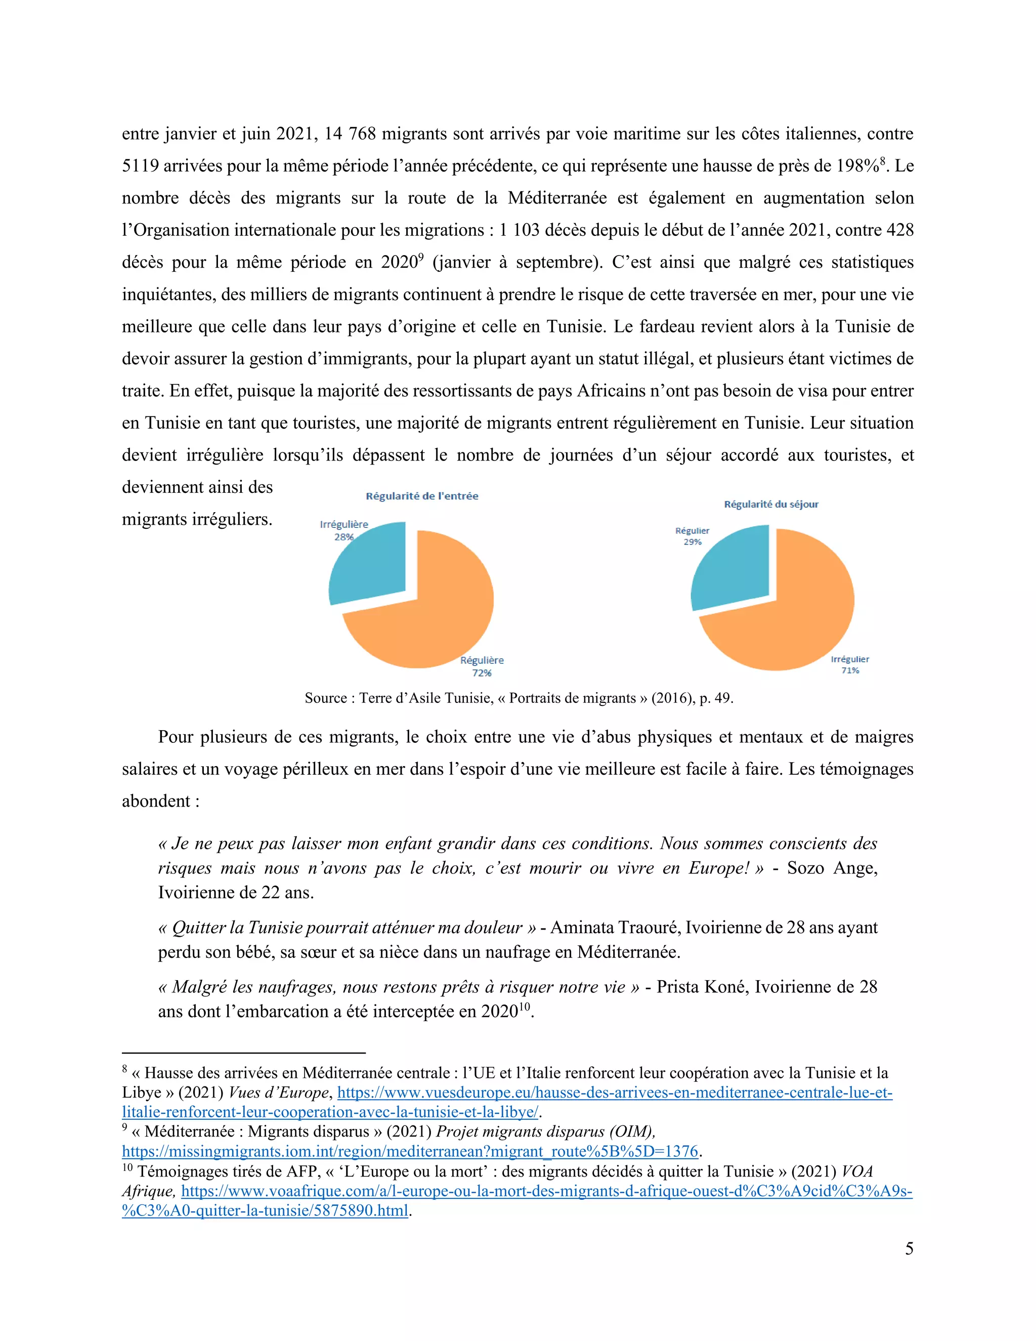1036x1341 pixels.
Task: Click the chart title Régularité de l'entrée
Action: pos(422,496)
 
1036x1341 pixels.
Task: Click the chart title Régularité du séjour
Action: pos(771,504)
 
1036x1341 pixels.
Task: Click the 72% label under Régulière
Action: pos(482,673)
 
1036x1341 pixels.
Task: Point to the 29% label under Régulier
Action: pos(693,542)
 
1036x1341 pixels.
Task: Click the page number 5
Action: pos(909,1248)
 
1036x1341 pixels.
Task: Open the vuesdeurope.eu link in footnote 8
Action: pos(614,1093)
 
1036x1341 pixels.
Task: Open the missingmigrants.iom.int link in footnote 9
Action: pos(410,1151)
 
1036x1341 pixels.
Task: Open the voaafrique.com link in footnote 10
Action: pos(546,1191)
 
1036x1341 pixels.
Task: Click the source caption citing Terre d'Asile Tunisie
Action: pos(519,698)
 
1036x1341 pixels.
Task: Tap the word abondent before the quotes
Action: pos(156,801)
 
